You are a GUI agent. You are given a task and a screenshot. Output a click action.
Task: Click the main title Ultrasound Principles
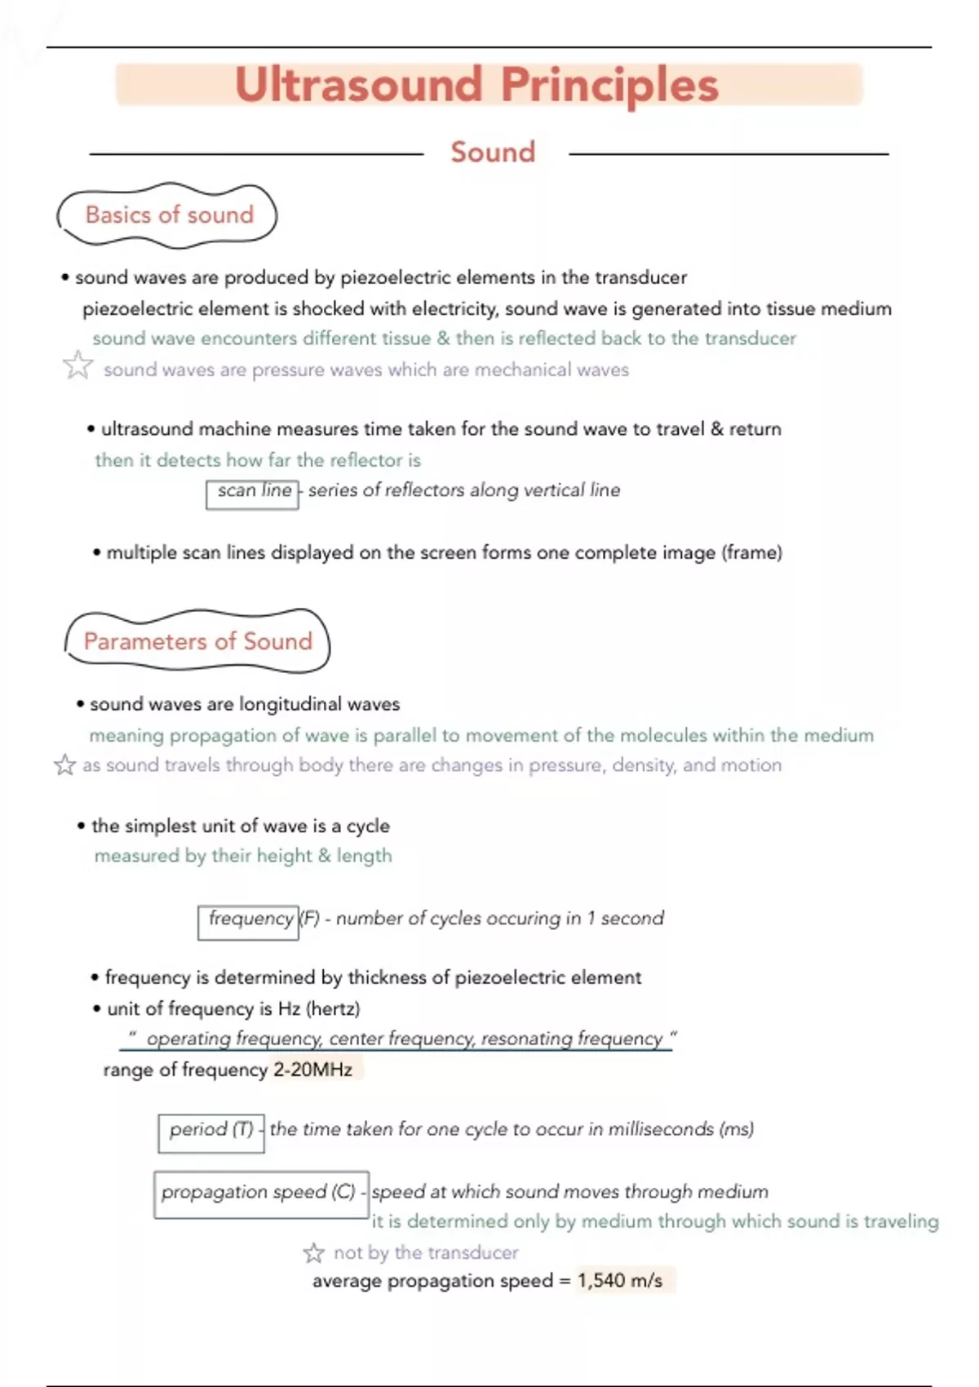point(476,85)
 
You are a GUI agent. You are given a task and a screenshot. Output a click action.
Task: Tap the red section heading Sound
point(493,153)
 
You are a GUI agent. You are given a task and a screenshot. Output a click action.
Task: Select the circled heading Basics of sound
point(169,215)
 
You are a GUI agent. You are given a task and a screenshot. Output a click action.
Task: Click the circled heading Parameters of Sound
point(197,641)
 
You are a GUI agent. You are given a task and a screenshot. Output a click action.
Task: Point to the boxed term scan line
point(254,491)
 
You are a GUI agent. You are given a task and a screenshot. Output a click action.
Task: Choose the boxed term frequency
point(250,919)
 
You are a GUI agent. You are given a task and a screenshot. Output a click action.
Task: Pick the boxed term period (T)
point(211,1130)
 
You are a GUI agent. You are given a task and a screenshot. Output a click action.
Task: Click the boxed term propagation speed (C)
point(259,1192)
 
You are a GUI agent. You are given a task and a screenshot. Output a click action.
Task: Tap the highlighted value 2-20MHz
point(313,1070)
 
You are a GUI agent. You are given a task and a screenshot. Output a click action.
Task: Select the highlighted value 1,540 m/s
point(621,1281)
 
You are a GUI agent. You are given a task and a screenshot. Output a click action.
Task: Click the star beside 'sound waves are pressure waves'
point(78,366)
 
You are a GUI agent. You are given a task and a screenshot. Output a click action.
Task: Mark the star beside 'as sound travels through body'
point(64,765)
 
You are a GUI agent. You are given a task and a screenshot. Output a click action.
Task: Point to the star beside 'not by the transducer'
point(314,1252)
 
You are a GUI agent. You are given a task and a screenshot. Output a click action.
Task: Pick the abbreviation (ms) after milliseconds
point(736,1129)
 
